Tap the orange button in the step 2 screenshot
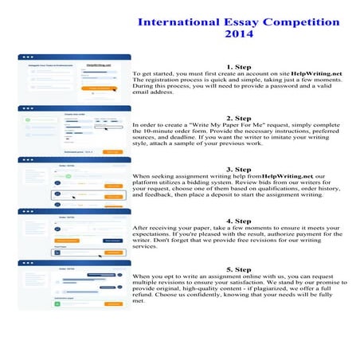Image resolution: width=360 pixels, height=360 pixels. coord(112,151)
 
